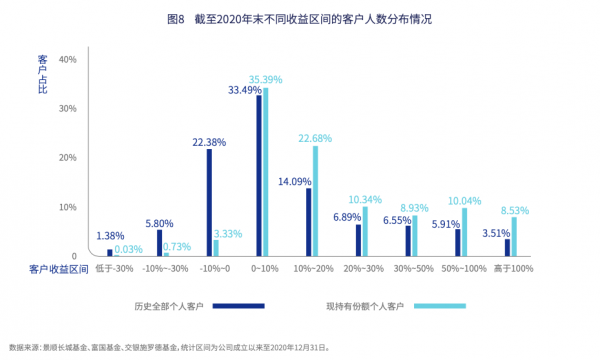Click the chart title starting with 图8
click(x=299, y=19)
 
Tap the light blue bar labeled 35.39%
click(x=266, y=171)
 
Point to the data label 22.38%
click(x=209, y=142)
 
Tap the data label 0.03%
click(x=127, y=249)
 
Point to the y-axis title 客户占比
click(x=43, y=75)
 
